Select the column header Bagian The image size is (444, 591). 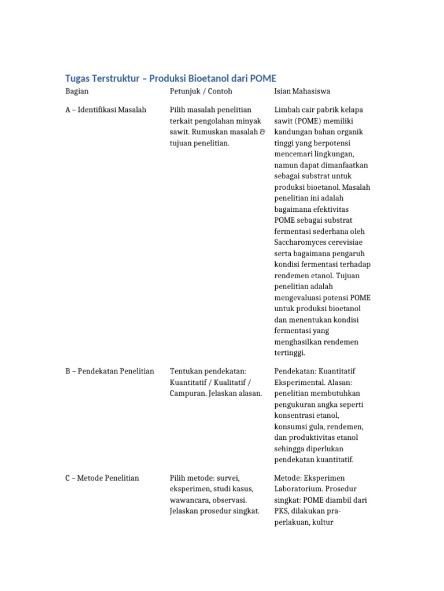77,91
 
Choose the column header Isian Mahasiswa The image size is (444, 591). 302,91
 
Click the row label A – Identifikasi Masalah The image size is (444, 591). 106,110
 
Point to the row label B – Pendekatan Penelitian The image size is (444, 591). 110,371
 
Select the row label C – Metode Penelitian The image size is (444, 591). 102,478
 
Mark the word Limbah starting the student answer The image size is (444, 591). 288,110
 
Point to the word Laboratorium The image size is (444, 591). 299,489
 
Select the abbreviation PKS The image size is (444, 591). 282,511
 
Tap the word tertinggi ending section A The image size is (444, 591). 290,353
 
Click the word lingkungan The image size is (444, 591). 331,154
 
